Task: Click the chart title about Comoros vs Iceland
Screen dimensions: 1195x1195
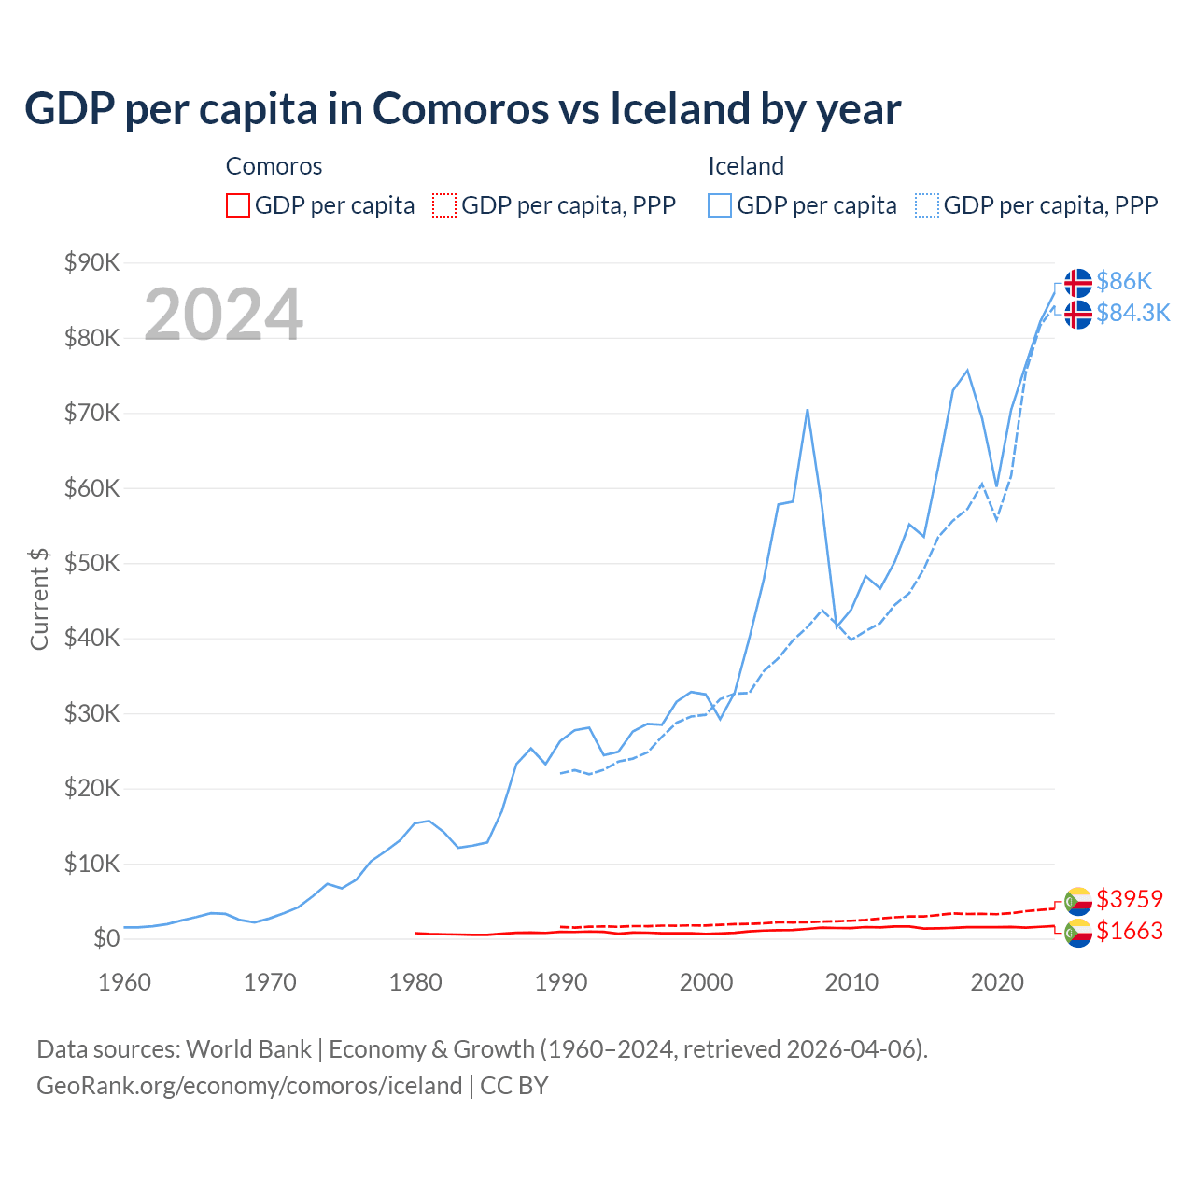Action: tap(462, 109)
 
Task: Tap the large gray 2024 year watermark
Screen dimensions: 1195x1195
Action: tap(223, 315)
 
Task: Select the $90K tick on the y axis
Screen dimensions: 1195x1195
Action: tap(91, 262)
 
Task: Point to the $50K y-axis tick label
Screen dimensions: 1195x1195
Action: tap(91, 563)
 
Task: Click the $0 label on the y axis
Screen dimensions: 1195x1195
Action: tap(106, 938)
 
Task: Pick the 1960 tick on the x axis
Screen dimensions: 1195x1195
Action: tap(124, 982)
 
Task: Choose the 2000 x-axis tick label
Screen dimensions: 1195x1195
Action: tap(707, 982)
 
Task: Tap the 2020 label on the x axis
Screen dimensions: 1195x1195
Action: tap(997, 982)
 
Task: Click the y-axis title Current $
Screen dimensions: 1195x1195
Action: tap(39, 598)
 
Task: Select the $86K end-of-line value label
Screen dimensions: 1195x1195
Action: tap(1124, 281)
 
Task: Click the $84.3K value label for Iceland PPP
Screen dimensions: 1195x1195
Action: tap(1132, 313)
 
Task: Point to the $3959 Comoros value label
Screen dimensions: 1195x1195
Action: tap(1130, 899)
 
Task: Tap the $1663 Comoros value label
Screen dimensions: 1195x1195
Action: tap(1130, 931)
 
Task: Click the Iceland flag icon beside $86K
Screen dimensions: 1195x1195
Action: tap(1078, 282)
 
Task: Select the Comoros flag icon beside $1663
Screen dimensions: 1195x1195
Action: tap(1078, 932)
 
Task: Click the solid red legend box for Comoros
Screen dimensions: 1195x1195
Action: tap(238, 205)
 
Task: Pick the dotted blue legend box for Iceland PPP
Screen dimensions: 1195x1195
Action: tap(927, 205)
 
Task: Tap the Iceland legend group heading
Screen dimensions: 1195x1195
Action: tap(746, 166)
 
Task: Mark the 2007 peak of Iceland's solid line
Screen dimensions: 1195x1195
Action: tap(807, 410)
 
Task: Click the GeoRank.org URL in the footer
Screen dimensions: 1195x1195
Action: tap(249, 1086)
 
